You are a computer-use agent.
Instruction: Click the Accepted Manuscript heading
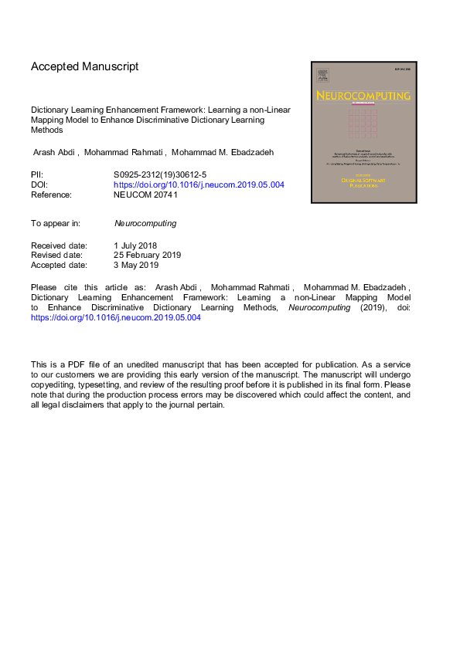tap(85, 66)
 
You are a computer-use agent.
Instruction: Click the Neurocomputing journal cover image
tap(363, 132)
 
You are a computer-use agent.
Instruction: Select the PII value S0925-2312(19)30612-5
tap(159, 175)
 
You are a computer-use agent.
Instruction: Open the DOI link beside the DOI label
tap(199, 185)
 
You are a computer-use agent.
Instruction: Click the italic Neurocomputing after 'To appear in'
tap(145, 223)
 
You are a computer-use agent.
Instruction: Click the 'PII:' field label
tap(37, 175)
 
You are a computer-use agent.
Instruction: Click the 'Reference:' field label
tap(51, 195)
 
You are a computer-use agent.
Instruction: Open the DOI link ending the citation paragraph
tap(116, 317)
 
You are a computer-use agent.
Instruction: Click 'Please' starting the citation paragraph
tap(44, 287)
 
